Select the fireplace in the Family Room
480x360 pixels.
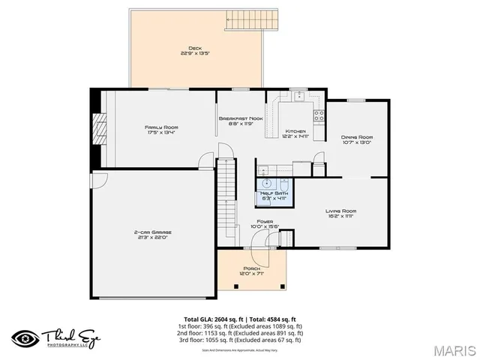point(94,129)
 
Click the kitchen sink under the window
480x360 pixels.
point(298,96)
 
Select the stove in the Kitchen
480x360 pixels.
point(318,115)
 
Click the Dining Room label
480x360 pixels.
point(356,139)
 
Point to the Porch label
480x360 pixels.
point(251,270)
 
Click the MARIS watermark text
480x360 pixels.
point(453,349)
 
